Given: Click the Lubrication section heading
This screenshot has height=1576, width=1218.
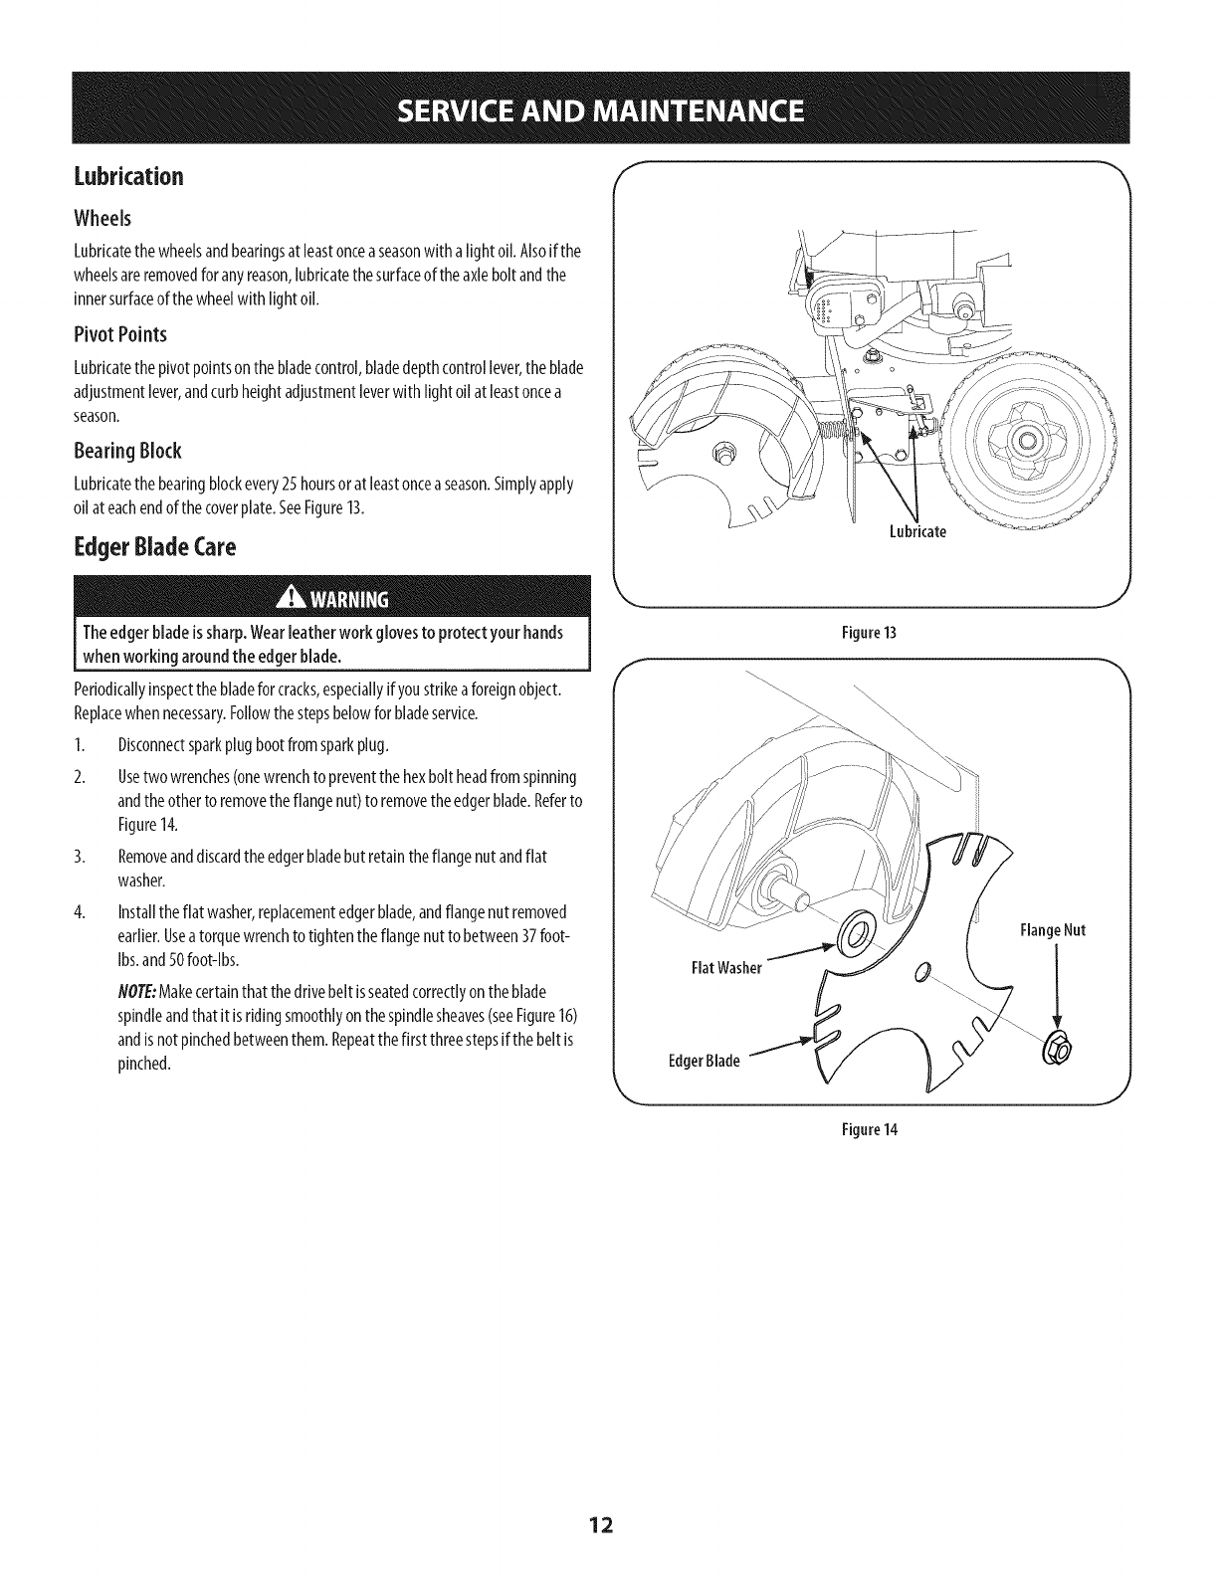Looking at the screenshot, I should point(128,177).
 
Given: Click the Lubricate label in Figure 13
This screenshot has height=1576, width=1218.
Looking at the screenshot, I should point(917,531).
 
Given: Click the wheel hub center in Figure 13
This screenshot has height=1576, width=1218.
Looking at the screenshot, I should point(1029,441).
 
